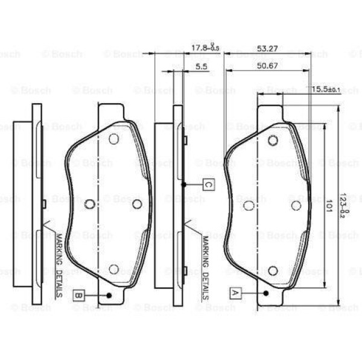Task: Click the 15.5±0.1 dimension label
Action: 326,89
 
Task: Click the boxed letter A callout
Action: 235,293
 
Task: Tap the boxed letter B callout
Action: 78,295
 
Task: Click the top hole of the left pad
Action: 113,139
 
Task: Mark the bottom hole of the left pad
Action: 113,269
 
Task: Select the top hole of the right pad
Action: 272,141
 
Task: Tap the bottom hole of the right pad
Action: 272,270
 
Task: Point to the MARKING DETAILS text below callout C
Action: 205,268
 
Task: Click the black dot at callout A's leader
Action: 266,293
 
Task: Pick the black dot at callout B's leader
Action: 109,295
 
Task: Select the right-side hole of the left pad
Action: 137,204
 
